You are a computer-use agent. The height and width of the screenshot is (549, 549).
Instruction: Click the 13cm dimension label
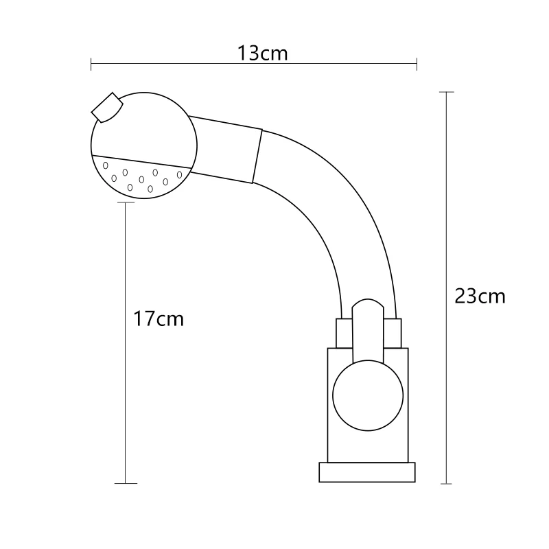(263, 54)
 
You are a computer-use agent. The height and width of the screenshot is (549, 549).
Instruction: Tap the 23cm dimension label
(480, 296)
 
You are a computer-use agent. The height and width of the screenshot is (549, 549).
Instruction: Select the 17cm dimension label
(159, 318)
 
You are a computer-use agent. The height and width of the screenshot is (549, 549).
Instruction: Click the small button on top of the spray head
(107, 107)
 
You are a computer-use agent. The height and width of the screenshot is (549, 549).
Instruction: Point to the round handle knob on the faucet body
(368, 396)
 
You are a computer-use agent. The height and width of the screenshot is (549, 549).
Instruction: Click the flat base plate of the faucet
(367, 472)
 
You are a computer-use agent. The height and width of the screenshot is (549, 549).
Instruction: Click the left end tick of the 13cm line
(91, 64)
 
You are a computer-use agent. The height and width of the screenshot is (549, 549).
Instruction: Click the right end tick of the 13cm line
(417, 64)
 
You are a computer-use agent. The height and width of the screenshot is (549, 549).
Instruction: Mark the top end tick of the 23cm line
(447, 92)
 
